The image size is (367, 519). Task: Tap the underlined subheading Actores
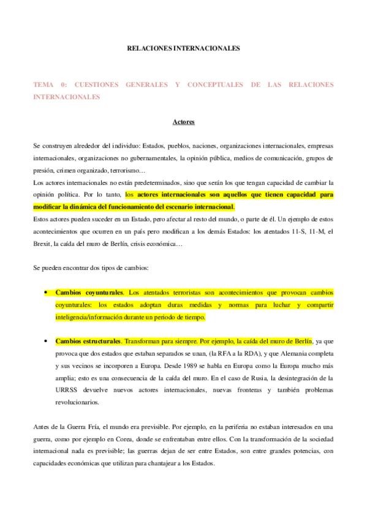click(x=183, y=122)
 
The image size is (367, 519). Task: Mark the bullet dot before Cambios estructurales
click(x=47, y=340)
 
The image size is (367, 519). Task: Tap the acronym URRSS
click(x=67, y=389)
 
